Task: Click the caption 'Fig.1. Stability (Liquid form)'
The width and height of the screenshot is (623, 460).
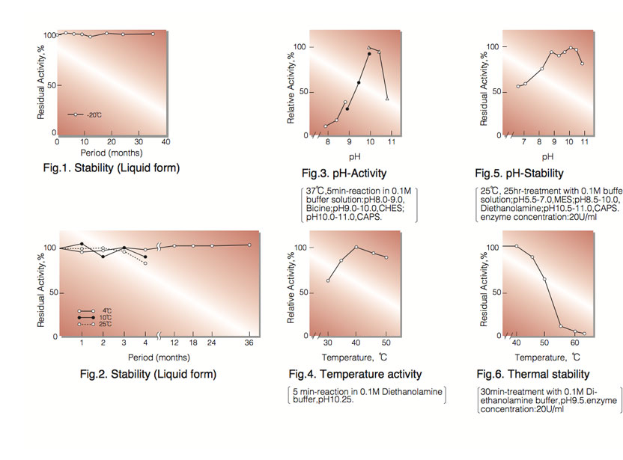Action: pos(112,168)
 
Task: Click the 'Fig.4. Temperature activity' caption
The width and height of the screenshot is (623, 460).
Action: pos(355,374)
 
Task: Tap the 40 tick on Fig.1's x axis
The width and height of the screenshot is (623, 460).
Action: pos(165,141)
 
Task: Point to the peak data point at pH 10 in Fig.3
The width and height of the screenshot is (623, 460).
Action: pos(369,48)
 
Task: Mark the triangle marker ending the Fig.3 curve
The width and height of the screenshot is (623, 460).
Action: pos(386,99)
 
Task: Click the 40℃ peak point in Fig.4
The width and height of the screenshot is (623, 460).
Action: pos(356,247)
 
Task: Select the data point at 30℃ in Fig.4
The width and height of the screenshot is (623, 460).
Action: pos(328,280)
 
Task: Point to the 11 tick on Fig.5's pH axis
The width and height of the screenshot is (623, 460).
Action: pos(583,141)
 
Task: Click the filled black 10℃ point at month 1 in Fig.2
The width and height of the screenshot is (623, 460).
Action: pos(82,244)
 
